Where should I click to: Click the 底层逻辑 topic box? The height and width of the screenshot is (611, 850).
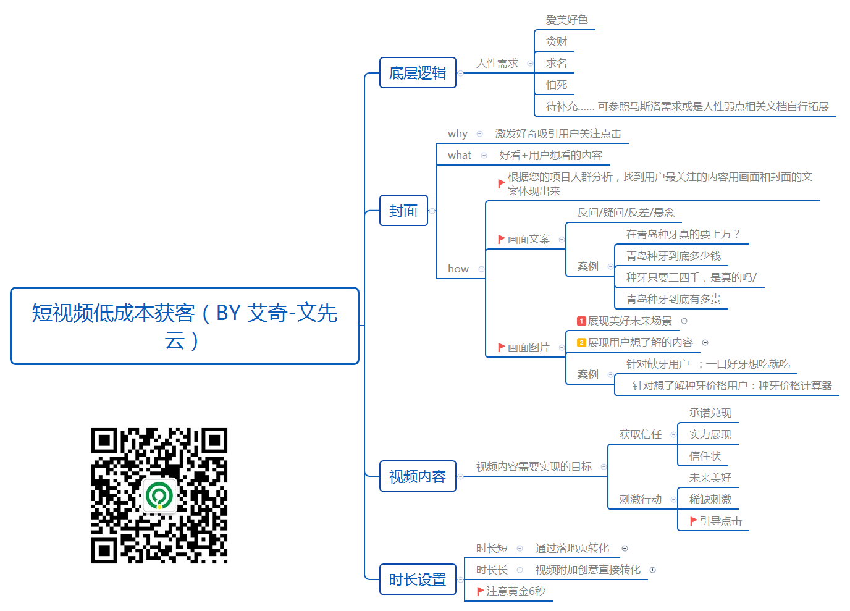[418, 72]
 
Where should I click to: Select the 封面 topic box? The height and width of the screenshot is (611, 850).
[404, 210]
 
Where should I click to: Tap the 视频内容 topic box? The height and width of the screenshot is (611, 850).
[418, 476]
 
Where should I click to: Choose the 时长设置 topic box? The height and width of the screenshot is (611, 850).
[418, 579]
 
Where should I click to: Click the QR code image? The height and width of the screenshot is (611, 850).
[159, 495]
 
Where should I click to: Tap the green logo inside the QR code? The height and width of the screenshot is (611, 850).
[159, 495]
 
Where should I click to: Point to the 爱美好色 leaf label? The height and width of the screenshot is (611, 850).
[566, 20]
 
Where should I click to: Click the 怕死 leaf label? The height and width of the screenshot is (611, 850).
[557, 85]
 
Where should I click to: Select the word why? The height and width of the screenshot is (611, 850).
[458, 133]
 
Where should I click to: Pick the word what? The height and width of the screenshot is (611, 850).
[460, 155]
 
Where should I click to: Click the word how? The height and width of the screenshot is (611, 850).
[458, 269]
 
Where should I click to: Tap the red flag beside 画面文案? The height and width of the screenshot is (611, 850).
[501, 239]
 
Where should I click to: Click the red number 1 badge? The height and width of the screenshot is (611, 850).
[581, 321]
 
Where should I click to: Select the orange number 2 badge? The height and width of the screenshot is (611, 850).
[581, 343]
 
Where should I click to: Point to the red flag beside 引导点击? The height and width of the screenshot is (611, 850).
[693, 521]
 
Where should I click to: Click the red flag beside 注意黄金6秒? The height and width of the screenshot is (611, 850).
[480, 591]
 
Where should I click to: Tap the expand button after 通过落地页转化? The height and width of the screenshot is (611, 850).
[625, 549]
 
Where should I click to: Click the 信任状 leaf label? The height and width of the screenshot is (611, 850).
[705, 456]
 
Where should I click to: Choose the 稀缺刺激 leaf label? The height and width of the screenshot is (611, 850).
[710, 499]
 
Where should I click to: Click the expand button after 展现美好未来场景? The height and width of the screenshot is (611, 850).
[684, 321]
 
